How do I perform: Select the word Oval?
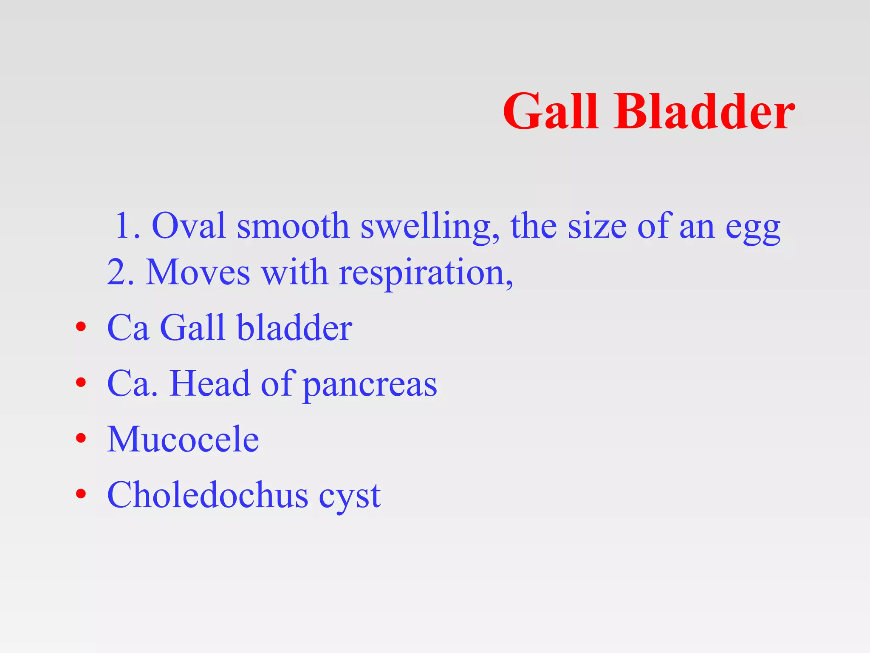click(189, 226)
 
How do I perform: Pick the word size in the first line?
click(597, 226)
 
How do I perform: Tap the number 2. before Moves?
click(121, 273)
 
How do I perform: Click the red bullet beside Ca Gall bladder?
click(81, 327)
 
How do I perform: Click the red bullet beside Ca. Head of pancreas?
click(81, 383)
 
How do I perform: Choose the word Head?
click(209, 383)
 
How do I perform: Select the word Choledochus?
click(208, 495)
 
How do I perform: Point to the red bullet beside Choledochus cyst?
click(81, 494)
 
